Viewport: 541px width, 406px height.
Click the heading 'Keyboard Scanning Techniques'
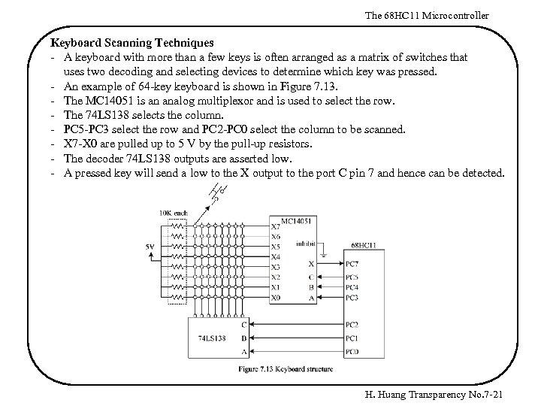[132, 44]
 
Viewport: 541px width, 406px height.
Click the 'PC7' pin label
[352, 264]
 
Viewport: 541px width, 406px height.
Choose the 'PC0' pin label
[352, 351]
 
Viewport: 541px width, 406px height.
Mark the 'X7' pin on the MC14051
[275, 226]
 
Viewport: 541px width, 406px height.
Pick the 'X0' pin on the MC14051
[275, 297]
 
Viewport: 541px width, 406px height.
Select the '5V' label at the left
[151, 247]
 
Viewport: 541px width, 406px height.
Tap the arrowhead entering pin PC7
[340, 264]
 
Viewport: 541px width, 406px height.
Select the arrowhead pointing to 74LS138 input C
[255, 325]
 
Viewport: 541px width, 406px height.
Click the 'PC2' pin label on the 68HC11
[352, 325]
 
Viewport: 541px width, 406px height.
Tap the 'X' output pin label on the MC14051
[311, 264]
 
